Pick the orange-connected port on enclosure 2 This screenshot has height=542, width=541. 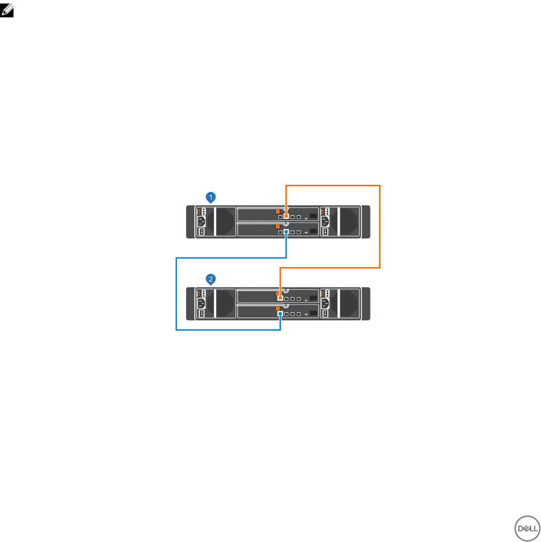click(x=279, y=298)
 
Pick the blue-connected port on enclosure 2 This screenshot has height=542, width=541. click(x=279, y=313)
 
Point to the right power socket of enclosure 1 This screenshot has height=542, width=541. click(x=326, y=221)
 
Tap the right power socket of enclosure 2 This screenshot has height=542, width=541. click(x=326, y=302)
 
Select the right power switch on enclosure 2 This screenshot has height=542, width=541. click(x=326, y=313)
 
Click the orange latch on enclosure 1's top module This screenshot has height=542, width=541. click(x=278, y=211)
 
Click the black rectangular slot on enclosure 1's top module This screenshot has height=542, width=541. click(x=313, y=216)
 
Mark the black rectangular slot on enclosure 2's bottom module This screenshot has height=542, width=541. click(x=313, y=313)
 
